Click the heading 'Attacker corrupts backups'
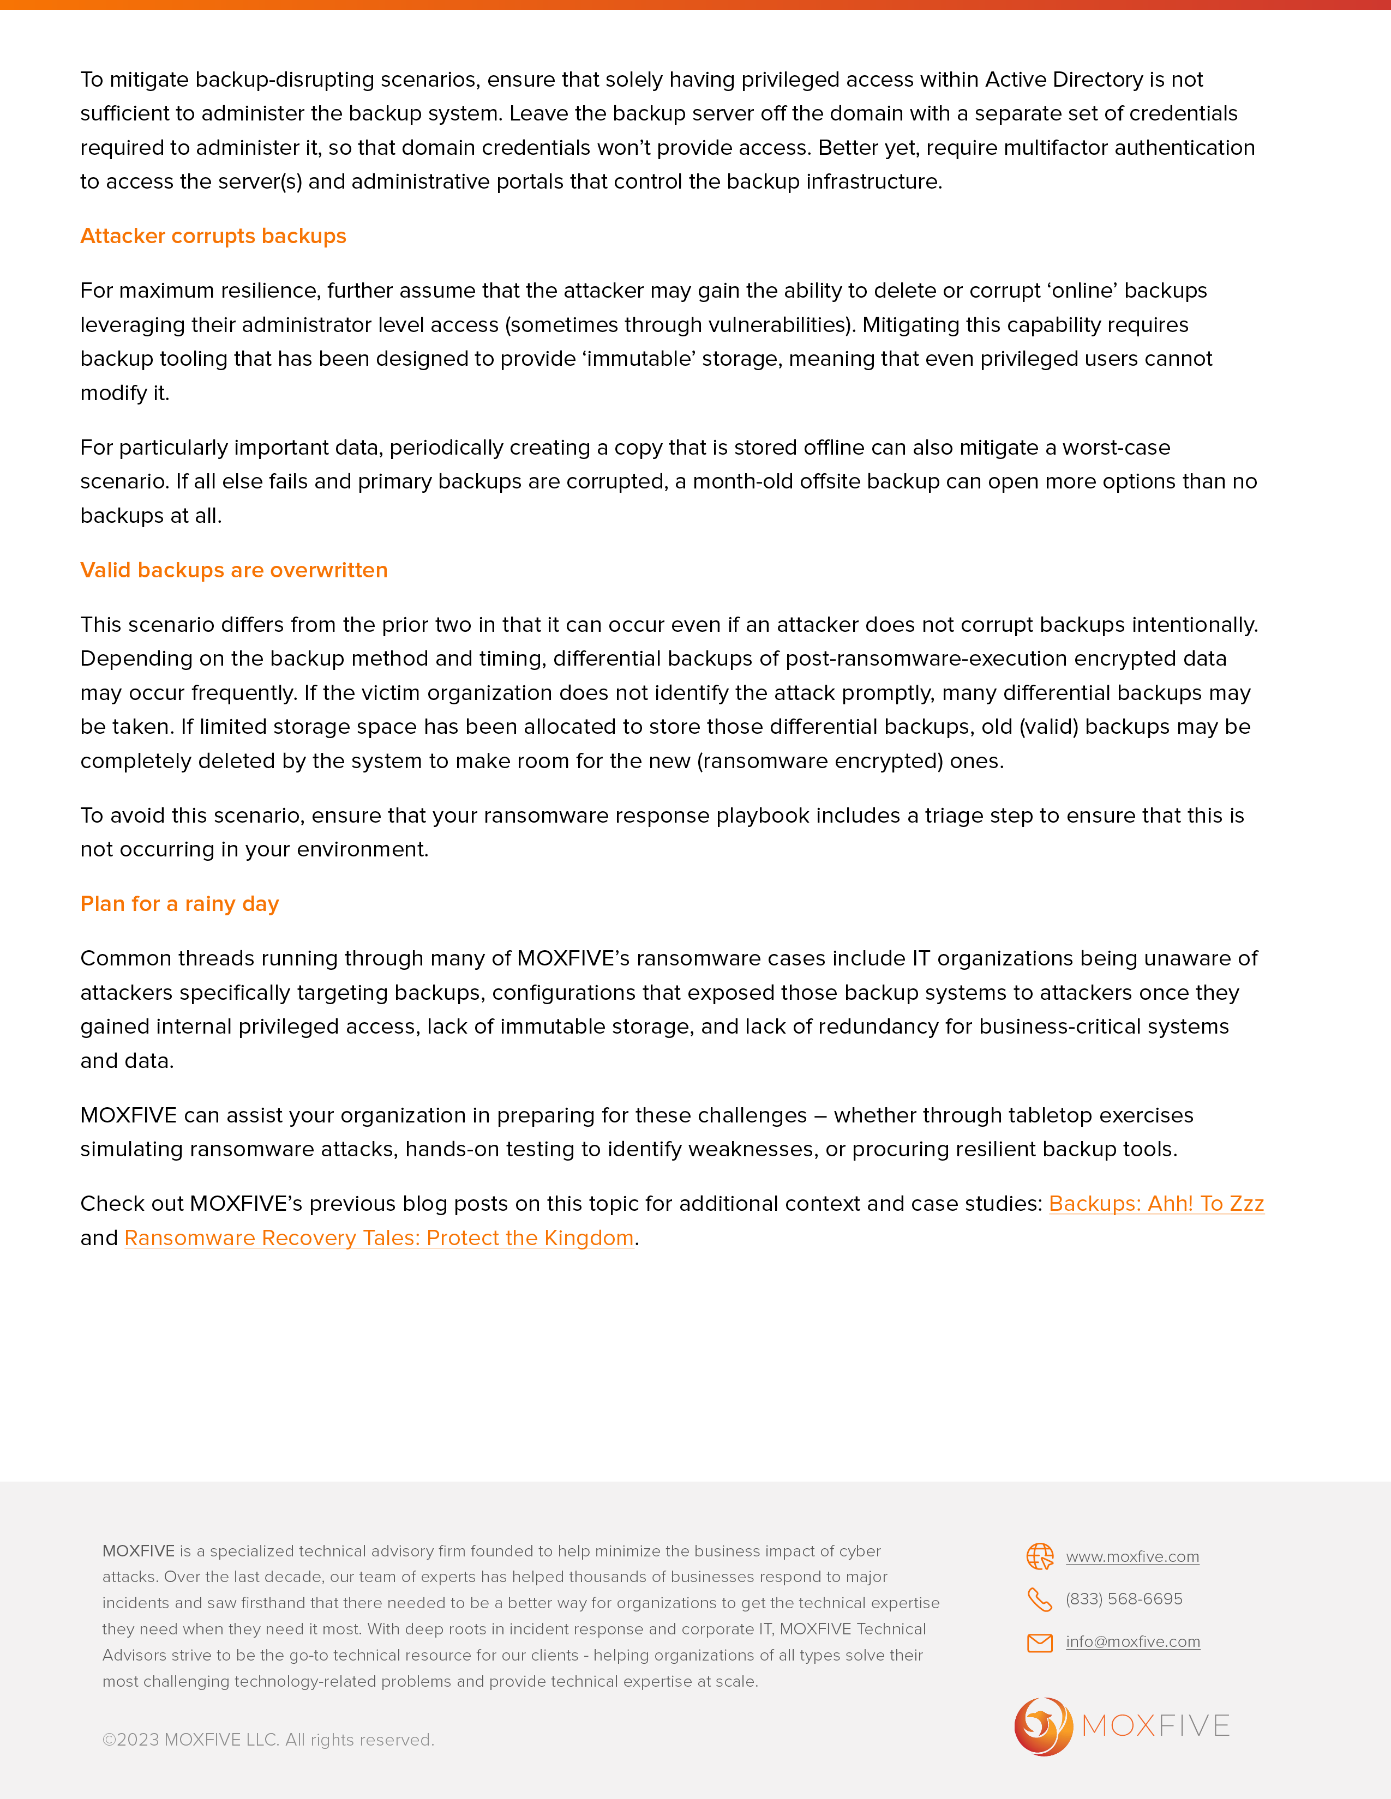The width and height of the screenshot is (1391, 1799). pyautogui.click(x=213, y=237)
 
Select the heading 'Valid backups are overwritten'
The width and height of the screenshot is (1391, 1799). pyautogui.click(x=233, y=570)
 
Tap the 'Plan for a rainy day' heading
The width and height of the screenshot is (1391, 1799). pyautogui.click(x=179, y=904)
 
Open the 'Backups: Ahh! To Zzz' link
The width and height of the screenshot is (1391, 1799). pyautogui.click(x=1155, y=1204)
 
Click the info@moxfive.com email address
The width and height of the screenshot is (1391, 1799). pyautogui.click(x=1132, y=1641)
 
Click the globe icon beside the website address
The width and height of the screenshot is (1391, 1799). pyautogui.click(x=1040, y=1556)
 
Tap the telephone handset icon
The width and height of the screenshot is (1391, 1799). pyautogui.click(x=1040, y=1599)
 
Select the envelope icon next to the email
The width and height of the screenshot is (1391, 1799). pyautogui.click(x=1040, y=1643)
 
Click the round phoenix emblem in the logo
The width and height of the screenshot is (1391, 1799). pyautogui.click(x=1043, y=1726)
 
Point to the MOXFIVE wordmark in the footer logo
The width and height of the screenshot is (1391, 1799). pyautogui.click(x=1155, y=1726)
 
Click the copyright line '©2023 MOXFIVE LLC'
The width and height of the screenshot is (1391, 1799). pyautogui.click(x=268, y=1740)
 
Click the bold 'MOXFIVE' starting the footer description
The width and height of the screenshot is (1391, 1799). pyautogui.click(x=139, y=1551)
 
